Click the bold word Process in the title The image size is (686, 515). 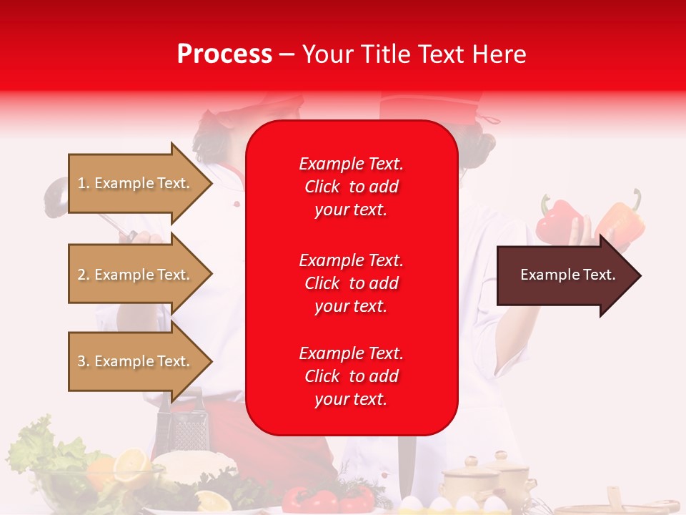(x=224, y=54)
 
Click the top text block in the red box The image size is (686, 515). (x=351, y=187)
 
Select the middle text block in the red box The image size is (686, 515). (x=351, y=283)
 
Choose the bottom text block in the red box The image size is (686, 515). (x=351, y=376)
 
